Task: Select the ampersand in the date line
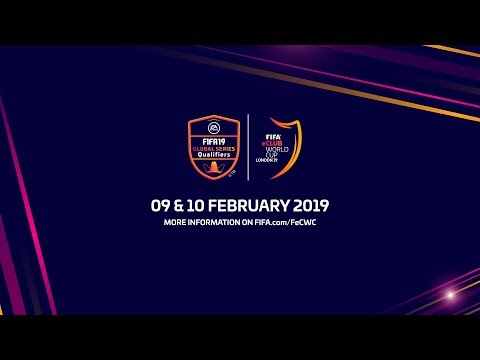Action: (184, 204)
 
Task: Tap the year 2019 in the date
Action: (311, 204)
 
